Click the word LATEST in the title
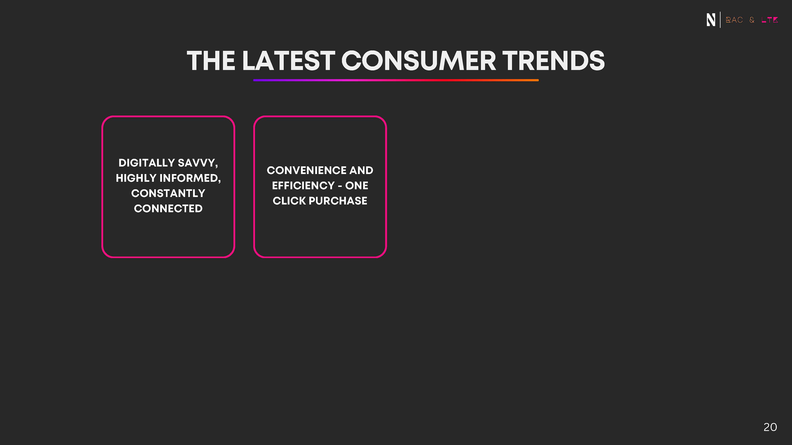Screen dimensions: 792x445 tap(288, 61)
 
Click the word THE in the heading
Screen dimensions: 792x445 tap(211, 61)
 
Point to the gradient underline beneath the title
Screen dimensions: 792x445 tap(396, 80)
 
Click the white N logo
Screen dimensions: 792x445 tap(711, 20)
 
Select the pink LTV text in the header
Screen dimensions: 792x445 tap(770, 20)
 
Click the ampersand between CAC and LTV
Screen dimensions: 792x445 tap(752, 20)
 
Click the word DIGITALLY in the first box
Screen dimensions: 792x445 tap(147, 163)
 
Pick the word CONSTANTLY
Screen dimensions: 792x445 tap(168, 193)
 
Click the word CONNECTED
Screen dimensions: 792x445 tap(168, 208)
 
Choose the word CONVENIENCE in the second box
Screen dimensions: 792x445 tap(306, 170)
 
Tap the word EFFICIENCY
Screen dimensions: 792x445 tap(303, 185)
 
